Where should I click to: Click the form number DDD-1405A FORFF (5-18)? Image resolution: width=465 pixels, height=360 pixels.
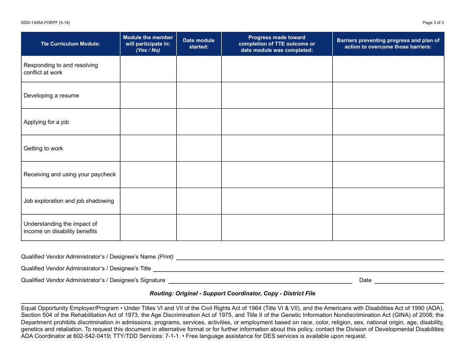coord(42,23)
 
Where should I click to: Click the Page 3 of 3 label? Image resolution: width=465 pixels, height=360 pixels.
coord(433,23)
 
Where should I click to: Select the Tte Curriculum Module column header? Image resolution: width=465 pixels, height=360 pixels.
coord(70,44)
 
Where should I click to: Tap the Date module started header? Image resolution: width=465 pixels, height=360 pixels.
coord(199,44)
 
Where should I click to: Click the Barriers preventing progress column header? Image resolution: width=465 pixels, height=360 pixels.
coord(388,44)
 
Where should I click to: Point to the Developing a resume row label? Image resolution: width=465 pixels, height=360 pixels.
coord(51,96)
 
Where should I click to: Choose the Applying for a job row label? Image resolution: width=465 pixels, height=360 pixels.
coord(46,122)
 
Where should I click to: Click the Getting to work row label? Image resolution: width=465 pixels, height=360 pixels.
coord(44,148)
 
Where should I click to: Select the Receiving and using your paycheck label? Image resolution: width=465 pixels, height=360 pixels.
coord(70,174)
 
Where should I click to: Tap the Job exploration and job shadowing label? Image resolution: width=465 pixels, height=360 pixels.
coord(69,201)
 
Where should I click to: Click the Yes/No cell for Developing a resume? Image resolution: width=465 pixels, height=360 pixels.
coord(148,96)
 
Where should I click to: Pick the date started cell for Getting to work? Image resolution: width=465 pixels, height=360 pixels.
coord(199,148)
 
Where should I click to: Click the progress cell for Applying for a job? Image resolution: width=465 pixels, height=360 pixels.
coord(277,122)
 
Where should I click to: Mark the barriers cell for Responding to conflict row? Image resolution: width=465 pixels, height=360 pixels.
coord(388,69)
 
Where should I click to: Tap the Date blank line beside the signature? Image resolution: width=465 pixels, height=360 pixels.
coord(409,280)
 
